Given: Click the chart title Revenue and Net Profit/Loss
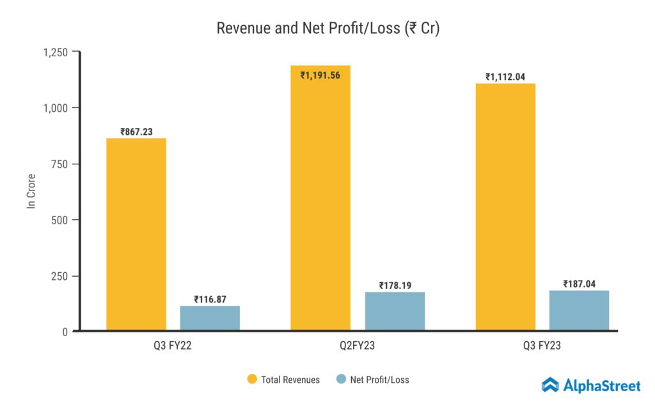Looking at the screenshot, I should point(327,29).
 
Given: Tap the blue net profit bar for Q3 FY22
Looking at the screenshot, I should point(210,318).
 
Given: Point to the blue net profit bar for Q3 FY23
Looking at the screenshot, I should point(579,310).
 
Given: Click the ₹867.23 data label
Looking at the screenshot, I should point(136,132).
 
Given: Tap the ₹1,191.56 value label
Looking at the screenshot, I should point(320,75).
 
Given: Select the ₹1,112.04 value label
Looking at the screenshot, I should point(505,77).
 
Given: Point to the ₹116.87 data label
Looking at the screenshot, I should point(210,299).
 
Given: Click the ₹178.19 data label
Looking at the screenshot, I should point(395,285).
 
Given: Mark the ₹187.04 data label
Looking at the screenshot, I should point(579,284).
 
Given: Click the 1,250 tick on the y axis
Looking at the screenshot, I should point(56,52).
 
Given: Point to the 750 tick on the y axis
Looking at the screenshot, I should point(60,164).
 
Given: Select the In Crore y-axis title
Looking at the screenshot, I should point(30,191).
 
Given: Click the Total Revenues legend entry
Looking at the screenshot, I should point(283,380).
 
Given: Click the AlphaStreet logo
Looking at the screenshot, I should point(590,385).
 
